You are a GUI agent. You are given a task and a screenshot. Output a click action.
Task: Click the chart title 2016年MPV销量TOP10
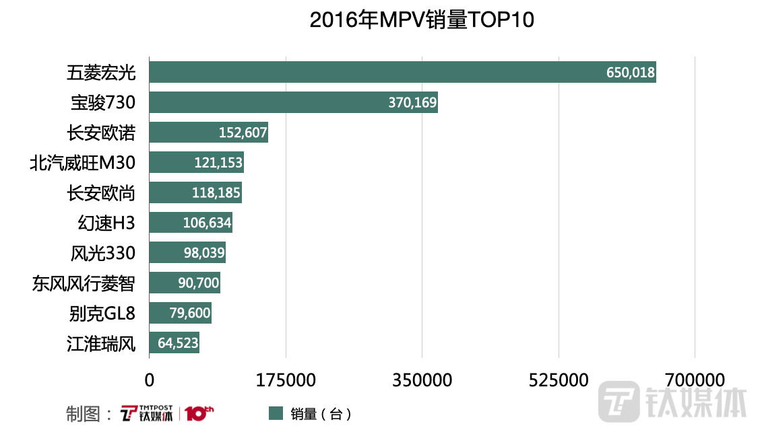tap(422, 21)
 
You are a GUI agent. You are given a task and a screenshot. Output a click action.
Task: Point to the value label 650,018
tap(631, 73)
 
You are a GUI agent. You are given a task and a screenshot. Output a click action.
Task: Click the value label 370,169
tap(413, 103)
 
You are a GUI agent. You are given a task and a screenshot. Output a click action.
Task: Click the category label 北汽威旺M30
tap(83, 163)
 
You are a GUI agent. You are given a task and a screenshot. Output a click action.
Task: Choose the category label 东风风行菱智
tap(84, 283)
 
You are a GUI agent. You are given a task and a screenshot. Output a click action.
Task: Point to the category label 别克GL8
tap(102, 313)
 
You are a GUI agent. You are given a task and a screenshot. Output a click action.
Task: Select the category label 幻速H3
tap(107, 223)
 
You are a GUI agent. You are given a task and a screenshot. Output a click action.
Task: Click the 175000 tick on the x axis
tap(286, 380)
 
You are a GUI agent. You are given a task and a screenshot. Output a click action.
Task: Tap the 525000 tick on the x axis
tap(559, 380)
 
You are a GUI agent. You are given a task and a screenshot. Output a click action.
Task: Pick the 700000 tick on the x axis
tap(695, 380)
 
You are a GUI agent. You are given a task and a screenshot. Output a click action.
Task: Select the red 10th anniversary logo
tap(199, 412)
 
